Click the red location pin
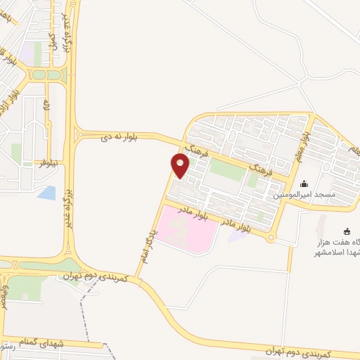click(x=180, y=165)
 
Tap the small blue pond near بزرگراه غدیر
click(x=47, y=192)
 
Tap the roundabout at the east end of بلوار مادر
click(x=271, y=238)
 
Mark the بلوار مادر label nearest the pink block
click(x=194, y=214)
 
